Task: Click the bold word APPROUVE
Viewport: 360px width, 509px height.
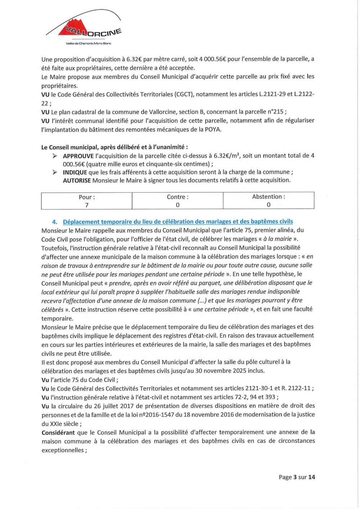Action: (78, 156)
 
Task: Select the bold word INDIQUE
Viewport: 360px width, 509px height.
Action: (75, 172)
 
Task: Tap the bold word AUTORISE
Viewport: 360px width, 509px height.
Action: (77, 180)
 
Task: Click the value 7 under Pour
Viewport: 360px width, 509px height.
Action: (87, 205)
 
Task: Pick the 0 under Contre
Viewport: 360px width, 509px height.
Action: (177, 205)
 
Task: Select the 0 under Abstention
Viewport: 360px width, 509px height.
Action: (269, 205)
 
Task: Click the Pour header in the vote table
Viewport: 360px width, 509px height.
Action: (87, 197)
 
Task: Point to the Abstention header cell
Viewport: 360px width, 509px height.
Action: (269, 197)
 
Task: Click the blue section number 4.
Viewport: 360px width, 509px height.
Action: (55, 222)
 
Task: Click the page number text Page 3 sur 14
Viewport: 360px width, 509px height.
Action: (297, 477)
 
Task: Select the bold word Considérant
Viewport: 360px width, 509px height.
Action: (58, 433)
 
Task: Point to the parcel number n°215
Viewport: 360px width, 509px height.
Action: (275, 112)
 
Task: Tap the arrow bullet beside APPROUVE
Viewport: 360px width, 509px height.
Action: (55, 156)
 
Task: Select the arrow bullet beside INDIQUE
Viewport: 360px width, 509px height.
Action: (55, 172)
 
